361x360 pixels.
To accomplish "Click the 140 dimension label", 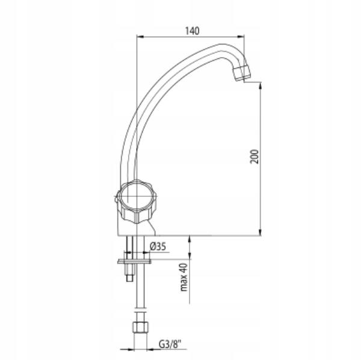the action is click(x=193, y=31).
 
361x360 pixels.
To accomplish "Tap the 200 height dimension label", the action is click(x=255, y=157).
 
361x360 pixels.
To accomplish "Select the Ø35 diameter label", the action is click(x=158, y=247).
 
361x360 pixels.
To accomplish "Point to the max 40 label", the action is click(x=184, y=278).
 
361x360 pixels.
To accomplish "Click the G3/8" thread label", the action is click(x=170, y=345).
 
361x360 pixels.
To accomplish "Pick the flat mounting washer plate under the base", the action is click(x=134, y=261).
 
